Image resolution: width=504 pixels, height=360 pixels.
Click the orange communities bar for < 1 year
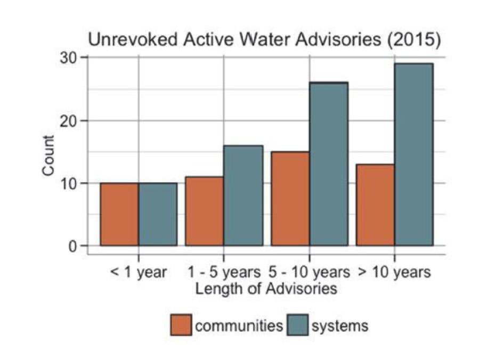[x=119, y=214]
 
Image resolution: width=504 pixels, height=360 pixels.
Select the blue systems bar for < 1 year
[x=158, y=214]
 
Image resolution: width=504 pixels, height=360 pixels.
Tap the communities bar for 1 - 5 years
[x=205, y=211]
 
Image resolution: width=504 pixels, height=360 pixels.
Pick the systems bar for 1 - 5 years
[x=243, y=195]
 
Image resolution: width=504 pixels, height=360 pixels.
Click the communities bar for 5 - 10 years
[x=290, y=199]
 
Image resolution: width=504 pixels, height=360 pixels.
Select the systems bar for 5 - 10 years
[x=328, y=164]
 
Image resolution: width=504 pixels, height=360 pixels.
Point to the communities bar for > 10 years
[x=376, y=205]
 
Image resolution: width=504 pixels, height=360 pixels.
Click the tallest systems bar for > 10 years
[x=413, y=154]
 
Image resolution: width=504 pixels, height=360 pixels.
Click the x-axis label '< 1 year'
[x=139, y=273]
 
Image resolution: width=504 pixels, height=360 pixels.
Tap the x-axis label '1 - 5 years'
[x=224, y=273]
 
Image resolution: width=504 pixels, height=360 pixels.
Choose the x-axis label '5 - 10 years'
[x=310, y=273]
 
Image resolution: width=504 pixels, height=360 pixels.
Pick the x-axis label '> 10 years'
[x=394, y=273]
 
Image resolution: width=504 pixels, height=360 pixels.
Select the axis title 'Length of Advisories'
[x=266, y=289]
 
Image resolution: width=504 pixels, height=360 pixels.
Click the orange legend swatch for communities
[x=181, y=325]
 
